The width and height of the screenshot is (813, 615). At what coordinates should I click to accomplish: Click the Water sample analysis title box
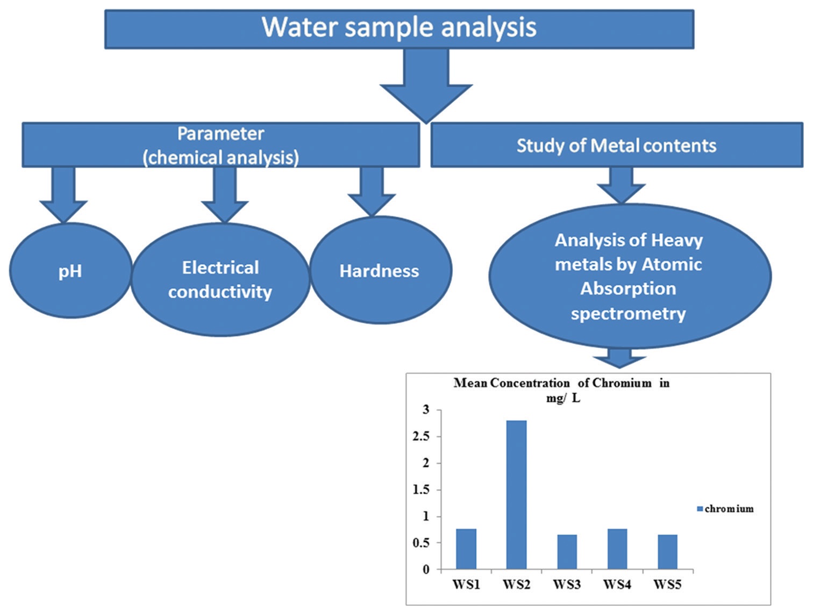[x=399, y=29]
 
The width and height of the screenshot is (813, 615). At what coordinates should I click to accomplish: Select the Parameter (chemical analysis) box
[x=220, y=145]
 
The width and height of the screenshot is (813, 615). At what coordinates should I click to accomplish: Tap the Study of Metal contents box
[x=616, y=146]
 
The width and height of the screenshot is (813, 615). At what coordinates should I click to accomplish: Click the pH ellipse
[x=70, y=271]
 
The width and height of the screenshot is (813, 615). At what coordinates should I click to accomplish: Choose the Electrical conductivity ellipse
[x=220, y=280]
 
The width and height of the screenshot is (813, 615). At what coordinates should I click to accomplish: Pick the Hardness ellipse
[x=380, y=271]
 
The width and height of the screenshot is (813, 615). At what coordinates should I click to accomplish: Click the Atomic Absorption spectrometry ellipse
[x=629, y=277]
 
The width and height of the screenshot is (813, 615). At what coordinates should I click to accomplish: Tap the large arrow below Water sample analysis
[x=426, y=86]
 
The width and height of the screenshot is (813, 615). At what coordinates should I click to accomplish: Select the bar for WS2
[x=516, y=495]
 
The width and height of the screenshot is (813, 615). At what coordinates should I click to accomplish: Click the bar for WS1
[x=466, y=549]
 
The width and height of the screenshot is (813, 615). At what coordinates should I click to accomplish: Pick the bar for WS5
[x=667, y=552]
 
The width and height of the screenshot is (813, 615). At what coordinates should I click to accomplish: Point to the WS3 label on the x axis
[x=567, y=584]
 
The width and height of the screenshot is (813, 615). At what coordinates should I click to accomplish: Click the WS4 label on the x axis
[x=617, y=584]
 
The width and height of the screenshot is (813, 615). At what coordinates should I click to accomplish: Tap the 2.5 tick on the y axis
[x=422, y=437]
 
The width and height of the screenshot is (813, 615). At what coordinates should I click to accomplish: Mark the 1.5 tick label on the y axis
[x=422, y=490]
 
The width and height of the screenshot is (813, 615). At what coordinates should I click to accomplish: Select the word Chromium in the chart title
[x=622, y=383]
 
